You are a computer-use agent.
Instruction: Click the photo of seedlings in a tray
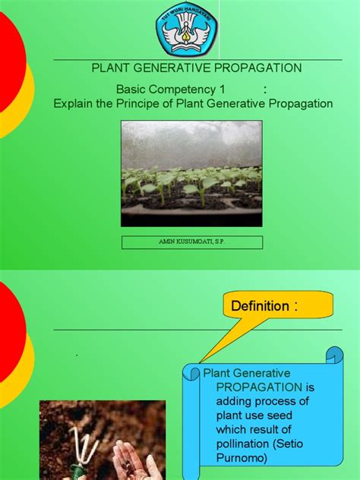pos(191,174)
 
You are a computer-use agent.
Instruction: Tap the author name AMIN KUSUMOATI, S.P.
pos(191,242)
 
